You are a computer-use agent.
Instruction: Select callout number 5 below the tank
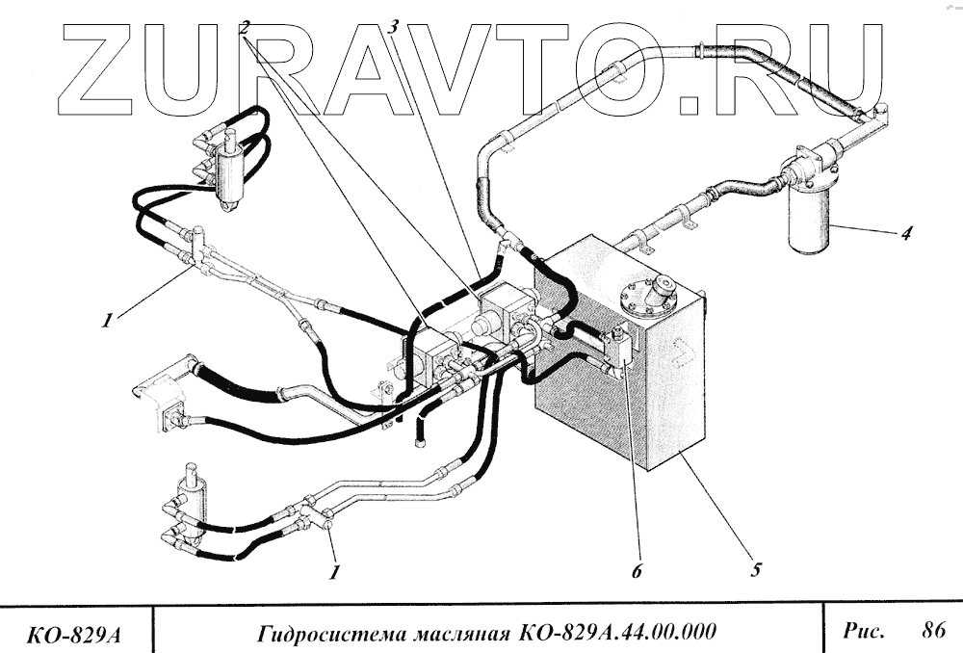pyautogui.click(x=756, y=569)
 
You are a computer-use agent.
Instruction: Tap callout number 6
pyautogui.click(x=637, y=570)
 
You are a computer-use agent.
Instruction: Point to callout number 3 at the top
pyautogui.click(x=393, y=26)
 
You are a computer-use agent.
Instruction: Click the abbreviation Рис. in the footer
pyautogui.click(x=863, y=631)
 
